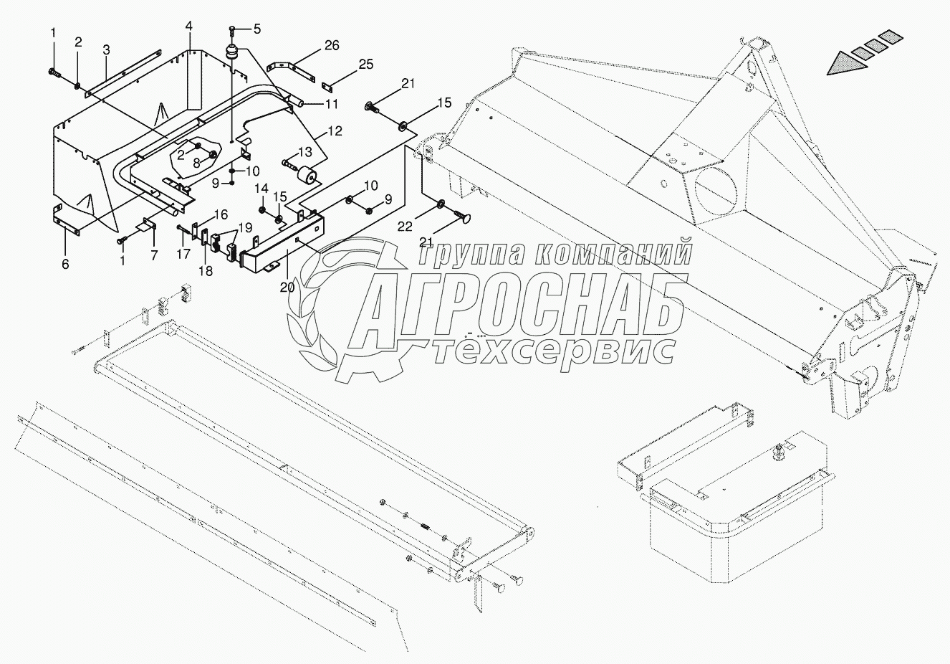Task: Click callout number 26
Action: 331,46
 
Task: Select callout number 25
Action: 365,65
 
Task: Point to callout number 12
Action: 335,131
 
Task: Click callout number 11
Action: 331,104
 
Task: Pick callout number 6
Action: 65,264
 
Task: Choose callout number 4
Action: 188,27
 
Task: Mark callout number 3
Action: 106,50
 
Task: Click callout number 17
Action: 183,253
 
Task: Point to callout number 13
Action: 305,152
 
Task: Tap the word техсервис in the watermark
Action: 555,349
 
